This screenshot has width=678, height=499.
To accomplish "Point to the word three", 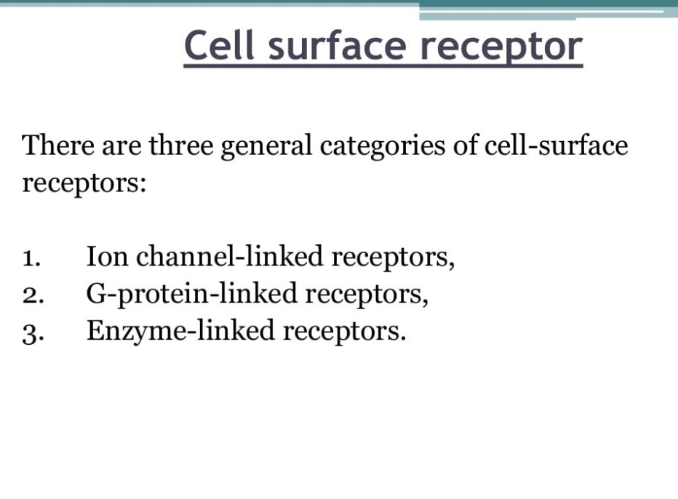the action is [181, 145].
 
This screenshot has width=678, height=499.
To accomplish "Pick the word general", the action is [266, 147].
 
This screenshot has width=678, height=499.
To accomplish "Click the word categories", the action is [382, 147].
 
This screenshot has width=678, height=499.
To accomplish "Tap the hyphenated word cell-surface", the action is [556, 145].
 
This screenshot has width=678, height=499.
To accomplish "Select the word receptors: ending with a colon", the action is [84, 184].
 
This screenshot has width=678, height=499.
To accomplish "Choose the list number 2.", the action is [33, 296].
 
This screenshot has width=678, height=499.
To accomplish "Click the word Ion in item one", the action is [107, 256].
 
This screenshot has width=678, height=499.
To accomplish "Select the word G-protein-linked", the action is [191, 295].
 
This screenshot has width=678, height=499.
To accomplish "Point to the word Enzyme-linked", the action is [180, 332].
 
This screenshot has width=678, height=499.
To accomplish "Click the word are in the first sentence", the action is [121, 147].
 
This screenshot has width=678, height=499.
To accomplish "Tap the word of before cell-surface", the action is [465, 145].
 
